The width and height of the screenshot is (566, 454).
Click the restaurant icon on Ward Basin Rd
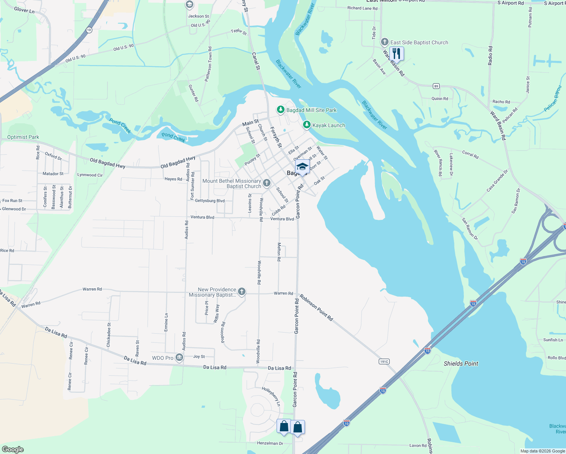tap(396, 53)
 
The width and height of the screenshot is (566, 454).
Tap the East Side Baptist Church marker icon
tap(385, 42)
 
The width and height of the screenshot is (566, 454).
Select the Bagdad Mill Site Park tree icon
tap(280, 110)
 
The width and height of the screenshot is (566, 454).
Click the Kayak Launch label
tap(329, 125)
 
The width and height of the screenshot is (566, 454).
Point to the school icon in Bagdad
tap(302, 166)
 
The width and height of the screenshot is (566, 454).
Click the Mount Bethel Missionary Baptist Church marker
tap(267, 183)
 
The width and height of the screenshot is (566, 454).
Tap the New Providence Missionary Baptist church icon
tap(242, 292)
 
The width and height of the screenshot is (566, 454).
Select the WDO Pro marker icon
tap(179, 358)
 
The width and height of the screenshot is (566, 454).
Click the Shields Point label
tap(461, 364)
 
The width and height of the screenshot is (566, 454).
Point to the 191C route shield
tap(384, 362)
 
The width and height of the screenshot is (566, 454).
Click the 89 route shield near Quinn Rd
tap(436, 86)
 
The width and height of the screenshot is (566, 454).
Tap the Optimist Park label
tap(23, 137)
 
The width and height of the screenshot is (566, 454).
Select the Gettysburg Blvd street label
tap(210, 201)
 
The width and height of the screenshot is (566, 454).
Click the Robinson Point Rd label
tap(317, 308)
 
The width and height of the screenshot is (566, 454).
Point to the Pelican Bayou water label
tap(553, 98)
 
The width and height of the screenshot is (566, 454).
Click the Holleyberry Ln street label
tap(271, 396)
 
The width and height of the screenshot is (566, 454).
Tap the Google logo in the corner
tap(12, 449)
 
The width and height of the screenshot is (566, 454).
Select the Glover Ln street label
tap(24, 10)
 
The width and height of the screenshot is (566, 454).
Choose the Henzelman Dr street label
tap(270, 443)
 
